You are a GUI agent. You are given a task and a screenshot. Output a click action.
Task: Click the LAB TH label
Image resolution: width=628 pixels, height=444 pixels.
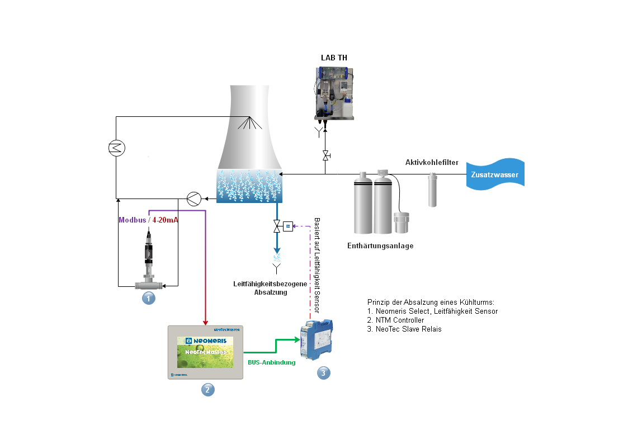tap(334, 58)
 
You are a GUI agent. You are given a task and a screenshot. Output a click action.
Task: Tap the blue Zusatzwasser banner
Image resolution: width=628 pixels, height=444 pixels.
tap(494, 175)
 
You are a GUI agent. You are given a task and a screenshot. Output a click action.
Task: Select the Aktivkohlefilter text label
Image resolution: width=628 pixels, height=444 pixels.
tap(432, 163)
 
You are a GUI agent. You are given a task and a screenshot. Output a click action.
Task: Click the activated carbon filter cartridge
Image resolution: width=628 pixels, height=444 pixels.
tap(432, 190)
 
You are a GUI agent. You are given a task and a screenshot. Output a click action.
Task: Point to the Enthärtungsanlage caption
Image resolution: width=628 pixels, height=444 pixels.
tap(380, 246)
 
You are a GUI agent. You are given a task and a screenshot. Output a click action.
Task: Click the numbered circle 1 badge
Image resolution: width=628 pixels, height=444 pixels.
tap(148, 298)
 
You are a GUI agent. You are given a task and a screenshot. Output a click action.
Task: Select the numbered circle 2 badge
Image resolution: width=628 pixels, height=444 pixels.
tap(207, 390)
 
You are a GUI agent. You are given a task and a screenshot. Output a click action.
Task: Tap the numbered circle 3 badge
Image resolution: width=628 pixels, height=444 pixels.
tap(323, 372)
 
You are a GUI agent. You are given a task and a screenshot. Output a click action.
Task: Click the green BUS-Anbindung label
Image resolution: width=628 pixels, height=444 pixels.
tap(271, 362)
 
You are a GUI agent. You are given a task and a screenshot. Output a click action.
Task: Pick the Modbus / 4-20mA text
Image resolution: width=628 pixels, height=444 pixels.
tap(148, 220)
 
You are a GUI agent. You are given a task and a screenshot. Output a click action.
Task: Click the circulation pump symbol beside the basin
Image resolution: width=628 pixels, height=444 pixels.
tap(194, 199)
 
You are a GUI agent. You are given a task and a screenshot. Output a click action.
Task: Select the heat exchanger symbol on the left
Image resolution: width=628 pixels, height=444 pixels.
tap(116, 148)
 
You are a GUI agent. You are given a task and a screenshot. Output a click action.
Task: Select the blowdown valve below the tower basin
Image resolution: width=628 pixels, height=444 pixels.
tap(277, 226)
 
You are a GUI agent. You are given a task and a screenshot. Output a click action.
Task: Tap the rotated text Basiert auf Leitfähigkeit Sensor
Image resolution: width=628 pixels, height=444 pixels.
tap(317, 264)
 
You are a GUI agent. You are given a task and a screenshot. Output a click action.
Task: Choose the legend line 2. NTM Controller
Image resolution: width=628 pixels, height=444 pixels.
tap(395, 320)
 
